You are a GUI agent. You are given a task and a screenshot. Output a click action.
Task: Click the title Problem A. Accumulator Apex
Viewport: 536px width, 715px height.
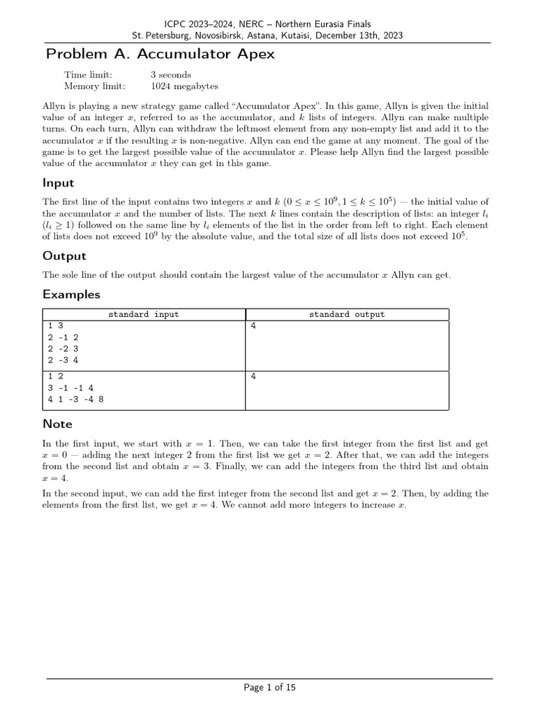coord(160,54)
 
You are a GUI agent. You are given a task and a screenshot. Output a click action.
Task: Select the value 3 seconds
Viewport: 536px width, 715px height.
coord(170,75)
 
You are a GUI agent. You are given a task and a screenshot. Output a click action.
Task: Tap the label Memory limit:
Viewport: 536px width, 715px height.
coord(94,87)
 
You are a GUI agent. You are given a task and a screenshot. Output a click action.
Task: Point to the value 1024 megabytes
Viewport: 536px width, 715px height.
coord(184,87)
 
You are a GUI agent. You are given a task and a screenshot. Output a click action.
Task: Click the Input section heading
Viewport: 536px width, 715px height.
coord(59,183)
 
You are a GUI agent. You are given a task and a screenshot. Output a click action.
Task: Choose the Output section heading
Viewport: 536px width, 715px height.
coord(64,256)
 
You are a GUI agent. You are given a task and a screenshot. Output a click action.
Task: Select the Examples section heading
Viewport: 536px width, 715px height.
coord(71,294)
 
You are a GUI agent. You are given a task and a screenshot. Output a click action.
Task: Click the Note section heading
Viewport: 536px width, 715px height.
coord(57,424)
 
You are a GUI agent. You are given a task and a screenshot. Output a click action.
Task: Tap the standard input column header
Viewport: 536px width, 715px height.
coord(143,314)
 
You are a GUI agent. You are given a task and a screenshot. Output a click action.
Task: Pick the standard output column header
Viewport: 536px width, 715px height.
coord(347,314)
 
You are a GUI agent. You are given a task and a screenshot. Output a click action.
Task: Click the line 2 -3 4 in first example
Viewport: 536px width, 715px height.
coord(64,360)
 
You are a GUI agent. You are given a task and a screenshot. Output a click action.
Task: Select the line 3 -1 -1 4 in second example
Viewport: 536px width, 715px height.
coord(70,388)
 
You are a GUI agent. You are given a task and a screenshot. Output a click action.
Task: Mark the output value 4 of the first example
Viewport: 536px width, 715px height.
coord(253,326)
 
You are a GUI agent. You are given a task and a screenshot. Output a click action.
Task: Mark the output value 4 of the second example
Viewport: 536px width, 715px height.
coord(253,376)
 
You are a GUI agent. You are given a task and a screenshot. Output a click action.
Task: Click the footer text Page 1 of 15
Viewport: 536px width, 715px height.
coord(269,688)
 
